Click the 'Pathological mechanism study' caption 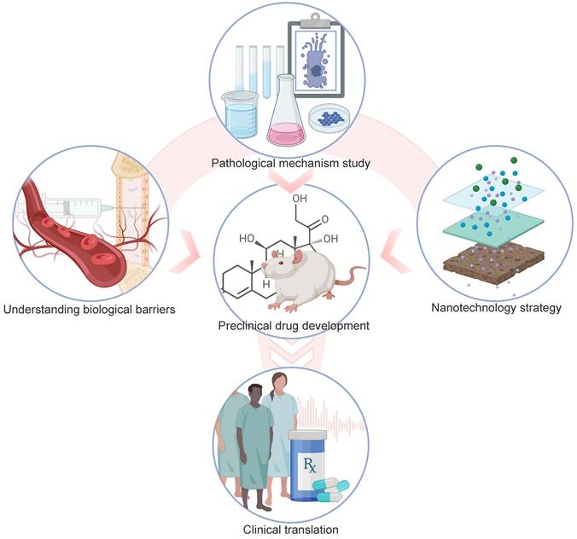click(288, 161)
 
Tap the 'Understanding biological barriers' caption click(89, 309)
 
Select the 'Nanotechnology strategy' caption click(493, 308)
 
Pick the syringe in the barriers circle click(68, 203)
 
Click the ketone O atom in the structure click(325, 197)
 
